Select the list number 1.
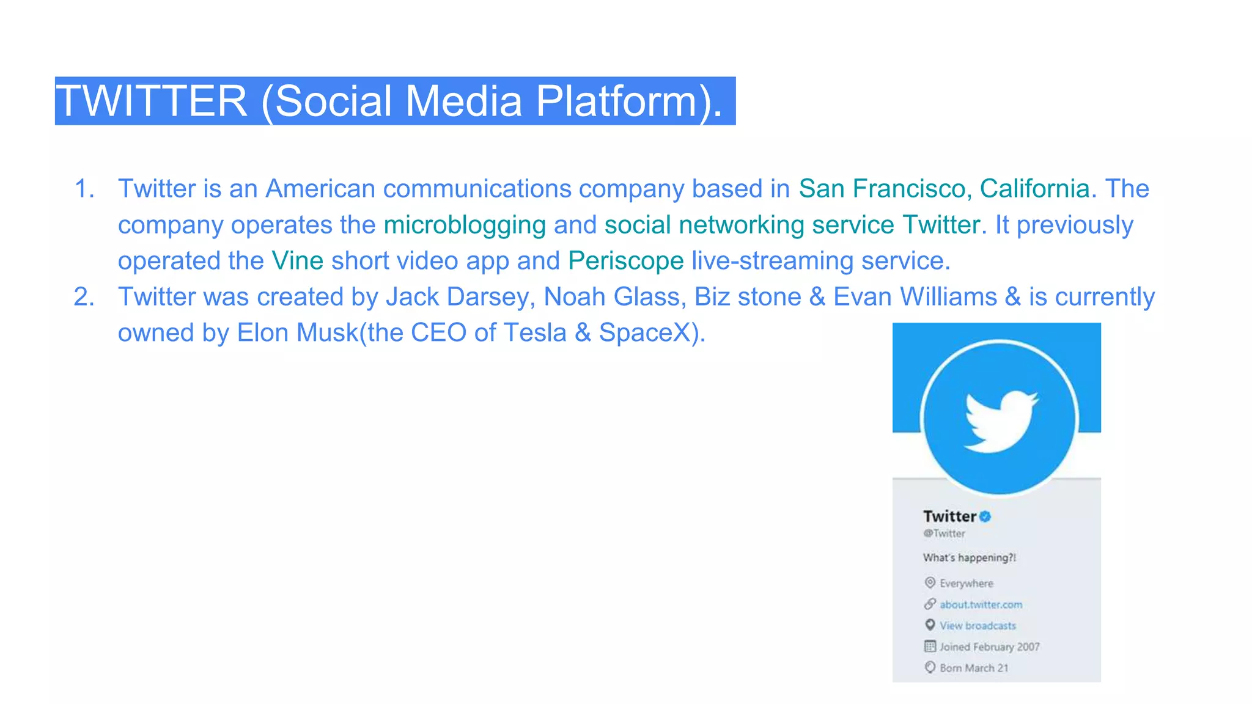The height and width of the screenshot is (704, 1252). click(x=84, y=189)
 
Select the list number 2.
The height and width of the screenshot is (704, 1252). click(x=84, y=297)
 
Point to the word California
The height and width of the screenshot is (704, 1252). click(x=1034, y=189)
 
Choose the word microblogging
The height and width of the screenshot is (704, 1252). click(x=465, y=225)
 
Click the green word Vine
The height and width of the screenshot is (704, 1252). click(x=297, y=261)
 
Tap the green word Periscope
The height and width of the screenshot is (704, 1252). click(x=625, y=261)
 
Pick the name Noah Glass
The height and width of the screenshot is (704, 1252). click(x=611, y=297)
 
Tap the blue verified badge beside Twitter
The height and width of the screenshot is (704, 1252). click(x=985, y=516)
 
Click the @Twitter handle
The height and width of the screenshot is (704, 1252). click(x=944, y=533)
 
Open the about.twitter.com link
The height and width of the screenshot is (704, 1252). click(x=981, y=604)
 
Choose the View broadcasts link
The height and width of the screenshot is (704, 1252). click(x=978, y=626)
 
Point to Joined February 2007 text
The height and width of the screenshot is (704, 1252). click(x=989, y=647)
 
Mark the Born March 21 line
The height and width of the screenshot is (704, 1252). click(x=974, y=668)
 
